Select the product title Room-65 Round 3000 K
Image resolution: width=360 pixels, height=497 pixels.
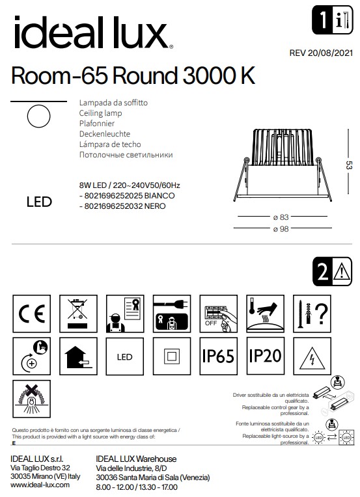133,76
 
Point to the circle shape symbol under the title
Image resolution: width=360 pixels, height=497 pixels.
39,117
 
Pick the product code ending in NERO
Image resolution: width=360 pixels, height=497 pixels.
122,206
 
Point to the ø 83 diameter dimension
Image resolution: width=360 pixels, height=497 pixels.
280,217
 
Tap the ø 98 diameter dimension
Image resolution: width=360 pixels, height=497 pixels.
280,228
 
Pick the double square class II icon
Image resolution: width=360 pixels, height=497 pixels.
171,356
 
